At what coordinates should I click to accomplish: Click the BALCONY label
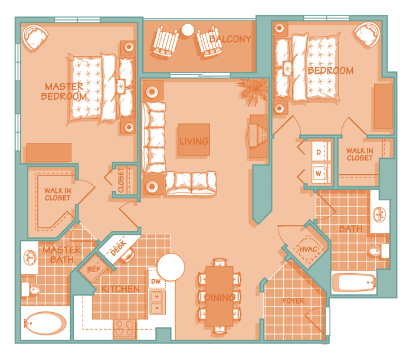tap(230, 39)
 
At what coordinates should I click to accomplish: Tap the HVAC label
tap(308, 249)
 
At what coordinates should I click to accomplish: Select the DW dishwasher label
tap(156, 281)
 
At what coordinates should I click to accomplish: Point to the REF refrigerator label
tap(94, 269)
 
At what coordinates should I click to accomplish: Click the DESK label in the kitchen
tap(119, 248)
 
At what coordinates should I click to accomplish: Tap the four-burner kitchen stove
tap(124, 329)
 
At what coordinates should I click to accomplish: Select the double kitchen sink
tap(158, 302)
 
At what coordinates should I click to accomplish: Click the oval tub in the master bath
tap(45, 323)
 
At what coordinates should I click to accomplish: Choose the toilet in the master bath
tap(32, 289)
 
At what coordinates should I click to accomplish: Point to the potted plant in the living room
tap(253, 91)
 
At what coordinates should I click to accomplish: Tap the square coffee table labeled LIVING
tap(194, 139)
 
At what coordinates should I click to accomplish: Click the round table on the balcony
tap(188, 30)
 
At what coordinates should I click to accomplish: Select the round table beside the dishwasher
tap(171, 267)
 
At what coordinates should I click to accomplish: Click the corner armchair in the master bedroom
tap(35, 37)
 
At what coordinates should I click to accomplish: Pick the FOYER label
tap(293, 301)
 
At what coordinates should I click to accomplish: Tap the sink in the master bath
tap(30, 257)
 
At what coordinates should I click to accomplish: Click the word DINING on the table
tap(219, 297)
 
